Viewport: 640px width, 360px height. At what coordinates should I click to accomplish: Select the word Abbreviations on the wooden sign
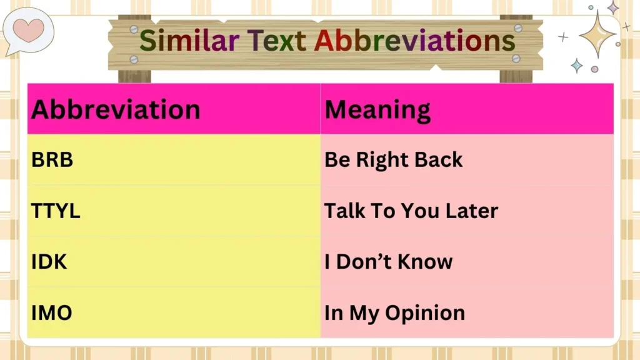click(x=414, y=41)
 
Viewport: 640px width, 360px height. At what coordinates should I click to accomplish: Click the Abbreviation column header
click(x=116, y=109)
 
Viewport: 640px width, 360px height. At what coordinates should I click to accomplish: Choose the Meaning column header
click(x=377, y=110)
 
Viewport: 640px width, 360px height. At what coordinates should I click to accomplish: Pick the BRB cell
click(x=52, y=160)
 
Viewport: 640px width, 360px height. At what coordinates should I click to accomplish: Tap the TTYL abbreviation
click(x=56, y=211)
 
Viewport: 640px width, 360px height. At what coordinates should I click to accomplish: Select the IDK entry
click(x=49, y=262)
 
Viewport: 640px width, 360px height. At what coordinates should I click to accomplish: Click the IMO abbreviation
click(x=52, y=312)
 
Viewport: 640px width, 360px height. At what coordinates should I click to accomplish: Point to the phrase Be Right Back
click(x=393, y=160)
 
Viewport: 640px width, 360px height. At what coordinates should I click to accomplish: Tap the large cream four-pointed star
click(x=598, y=34)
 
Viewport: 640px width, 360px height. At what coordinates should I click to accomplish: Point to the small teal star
click(x=576, y=66)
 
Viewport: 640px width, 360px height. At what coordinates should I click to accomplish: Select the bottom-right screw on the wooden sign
click(x=516, y=58)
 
